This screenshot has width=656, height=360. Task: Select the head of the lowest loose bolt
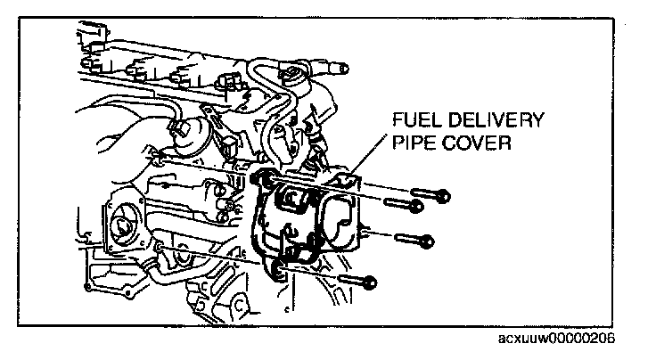pyautogui.click(x=372, y=283)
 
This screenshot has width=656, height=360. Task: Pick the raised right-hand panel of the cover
pyautogui.click(x=340, y=219)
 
